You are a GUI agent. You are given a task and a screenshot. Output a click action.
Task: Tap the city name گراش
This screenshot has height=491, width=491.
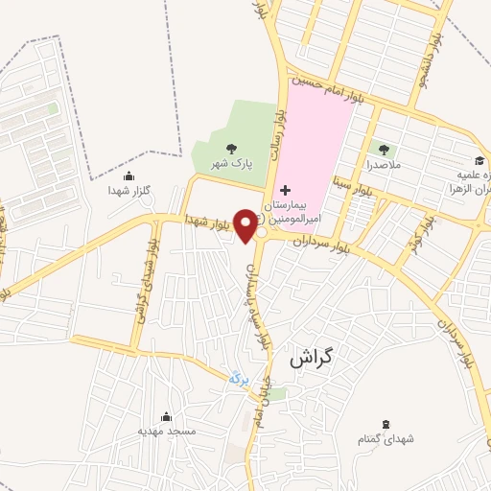click(312, 359)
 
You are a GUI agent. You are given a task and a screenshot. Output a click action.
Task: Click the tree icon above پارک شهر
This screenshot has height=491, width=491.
click(230, 148)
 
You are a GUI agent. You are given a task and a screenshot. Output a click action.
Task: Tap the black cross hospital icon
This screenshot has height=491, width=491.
click(285, 192)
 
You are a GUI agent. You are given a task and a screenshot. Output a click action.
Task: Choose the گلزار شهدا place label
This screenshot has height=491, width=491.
click(128, 191)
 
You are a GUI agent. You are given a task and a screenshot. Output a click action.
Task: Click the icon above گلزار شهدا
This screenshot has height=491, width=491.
click(129, 175)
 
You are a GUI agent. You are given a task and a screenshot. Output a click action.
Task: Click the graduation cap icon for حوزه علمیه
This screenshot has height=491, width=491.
click(479, 160)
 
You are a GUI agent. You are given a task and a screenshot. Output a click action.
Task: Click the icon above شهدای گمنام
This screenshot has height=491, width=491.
click(386, 424)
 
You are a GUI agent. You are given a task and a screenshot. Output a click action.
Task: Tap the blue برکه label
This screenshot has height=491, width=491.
click(238, 379)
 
